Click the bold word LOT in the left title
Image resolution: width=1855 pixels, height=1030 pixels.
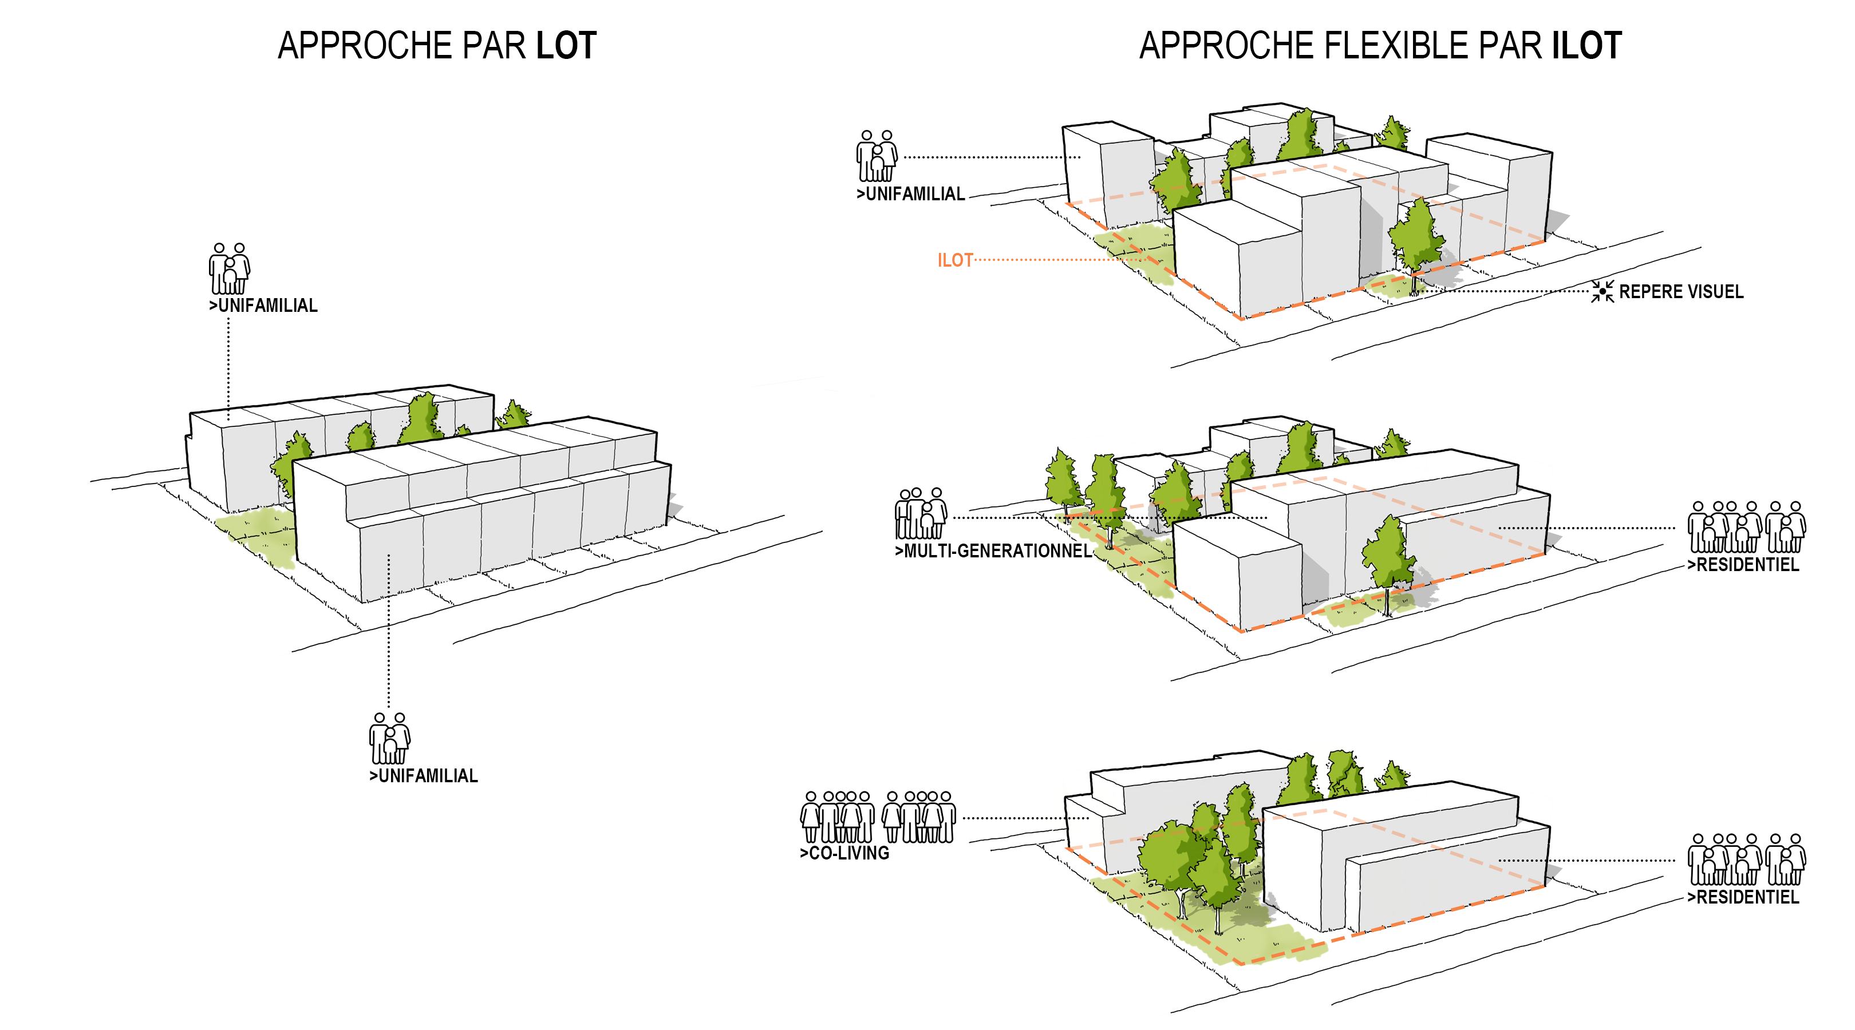[x=566, y=46]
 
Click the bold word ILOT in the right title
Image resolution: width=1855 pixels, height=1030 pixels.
[x=1586, y=46]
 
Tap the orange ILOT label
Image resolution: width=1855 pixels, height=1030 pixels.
[x=955, y=260]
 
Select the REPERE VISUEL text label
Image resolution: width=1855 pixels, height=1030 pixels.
[x=1681, y=291]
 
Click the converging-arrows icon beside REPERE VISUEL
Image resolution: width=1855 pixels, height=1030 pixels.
[x=1603, y=291]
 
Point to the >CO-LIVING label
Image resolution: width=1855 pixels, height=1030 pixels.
[x=844, y=853]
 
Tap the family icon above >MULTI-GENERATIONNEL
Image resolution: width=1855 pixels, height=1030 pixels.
[x=920, y=513]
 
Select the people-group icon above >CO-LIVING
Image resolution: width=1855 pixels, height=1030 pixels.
[x=878, y=817]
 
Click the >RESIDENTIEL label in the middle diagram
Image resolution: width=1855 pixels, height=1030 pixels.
[x=1743, y=564]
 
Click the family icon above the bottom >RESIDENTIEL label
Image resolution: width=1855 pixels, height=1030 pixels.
[x=1746, y=859]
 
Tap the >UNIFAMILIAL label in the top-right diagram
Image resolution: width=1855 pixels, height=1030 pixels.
[x=910, y=193]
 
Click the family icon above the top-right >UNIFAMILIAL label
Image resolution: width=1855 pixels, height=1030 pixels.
[x=877, y=156]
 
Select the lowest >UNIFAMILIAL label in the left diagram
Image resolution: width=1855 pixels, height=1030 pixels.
[x=424, y=776]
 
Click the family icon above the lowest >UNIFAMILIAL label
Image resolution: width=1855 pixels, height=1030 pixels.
[x=389, y=739]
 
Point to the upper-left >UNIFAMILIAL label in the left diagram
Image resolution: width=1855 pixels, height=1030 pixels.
[x=263, y=305]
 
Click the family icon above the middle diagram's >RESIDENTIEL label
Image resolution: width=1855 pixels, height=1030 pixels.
[x=1746, y=527]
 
